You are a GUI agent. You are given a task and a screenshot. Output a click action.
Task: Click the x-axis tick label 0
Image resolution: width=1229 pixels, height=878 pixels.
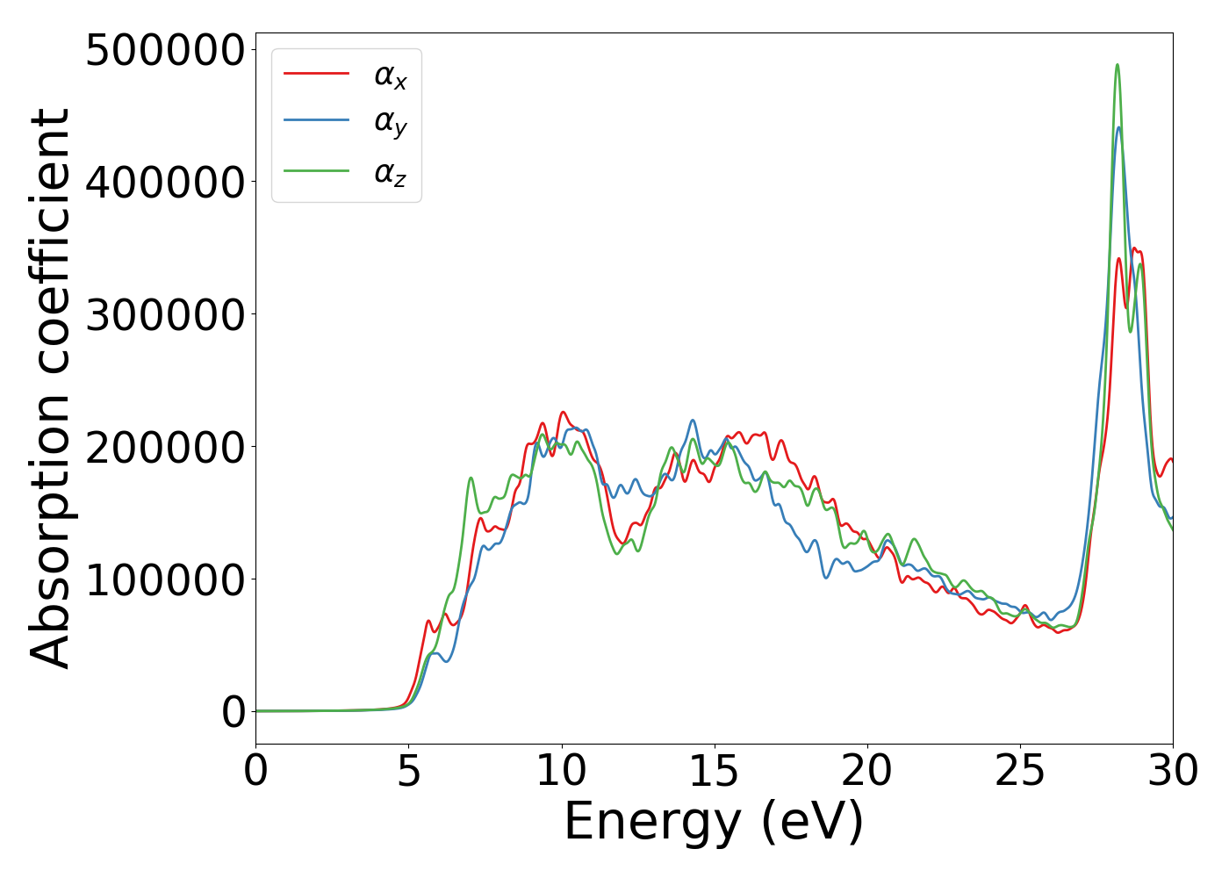(x=255, y=772)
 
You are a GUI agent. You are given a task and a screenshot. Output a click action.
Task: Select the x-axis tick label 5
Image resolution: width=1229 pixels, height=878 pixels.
(x=408, y=772)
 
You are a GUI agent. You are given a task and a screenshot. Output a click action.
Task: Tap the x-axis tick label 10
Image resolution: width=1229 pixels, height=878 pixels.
(x=561, y=772)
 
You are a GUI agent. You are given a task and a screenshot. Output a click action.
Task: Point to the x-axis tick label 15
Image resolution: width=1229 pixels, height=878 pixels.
(x=714, y=772)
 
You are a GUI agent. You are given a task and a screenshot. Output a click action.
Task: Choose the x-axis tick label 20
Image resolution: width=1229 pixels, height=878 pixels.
(x=867, y=772)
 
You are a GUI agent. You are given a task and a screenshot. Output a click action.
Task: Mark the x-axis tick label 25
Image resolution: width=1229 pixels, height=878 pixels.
(x=1020, y=772)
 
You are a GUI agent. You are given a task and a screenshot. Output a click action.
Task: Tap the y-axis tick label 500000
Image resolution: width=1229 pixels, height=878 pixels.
(x=164, y=50)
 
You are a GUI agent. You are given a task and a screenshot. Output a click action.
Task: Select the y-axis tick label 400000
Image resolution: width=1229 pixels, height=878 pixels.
(x=164, y=183)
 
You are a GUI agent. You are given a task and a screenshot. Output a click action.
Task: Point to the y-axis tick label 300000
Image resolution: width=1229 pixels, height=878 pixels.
(x=164, y=315)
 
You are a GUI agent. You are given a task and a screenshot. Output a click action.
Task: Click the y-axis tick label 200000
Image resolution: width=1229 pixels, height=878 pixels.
(x=164, y=448)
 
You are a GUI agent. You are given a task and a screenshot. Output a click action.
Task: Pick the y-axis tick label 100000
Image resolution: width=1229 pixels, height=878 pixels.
(x=164, y=580)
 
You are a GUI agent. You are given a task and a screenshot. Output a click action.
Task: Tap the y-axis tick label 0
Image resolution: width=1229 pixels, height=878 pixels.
(x=234, y=713)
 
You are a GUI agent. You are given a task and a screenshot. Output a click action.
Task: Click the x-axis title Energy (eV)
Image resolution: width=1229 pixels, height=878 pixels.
(x=714, y=823)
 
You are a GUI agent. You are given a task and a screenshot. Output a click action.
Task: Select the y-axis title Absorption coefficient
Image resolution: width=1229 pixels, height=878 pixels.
(x=50, y=388)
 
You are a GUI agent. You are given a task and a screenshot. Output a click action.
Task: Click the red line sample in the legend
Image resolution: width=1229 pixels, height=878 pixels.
(x=316, y=74)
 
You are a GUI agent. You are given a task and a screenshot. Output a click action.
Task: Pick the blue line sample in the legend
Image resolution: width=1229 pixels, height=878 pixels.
(x=316, y=122)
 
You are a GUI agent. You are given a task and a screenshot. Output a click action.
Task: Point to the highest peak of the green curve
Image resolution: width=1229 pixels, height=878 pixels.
(x=1117, y=64)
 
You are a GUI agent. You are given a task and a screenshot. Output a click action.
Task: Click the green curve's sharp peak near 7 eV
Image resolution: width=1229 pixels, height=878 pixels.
(x=471, y=478)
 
